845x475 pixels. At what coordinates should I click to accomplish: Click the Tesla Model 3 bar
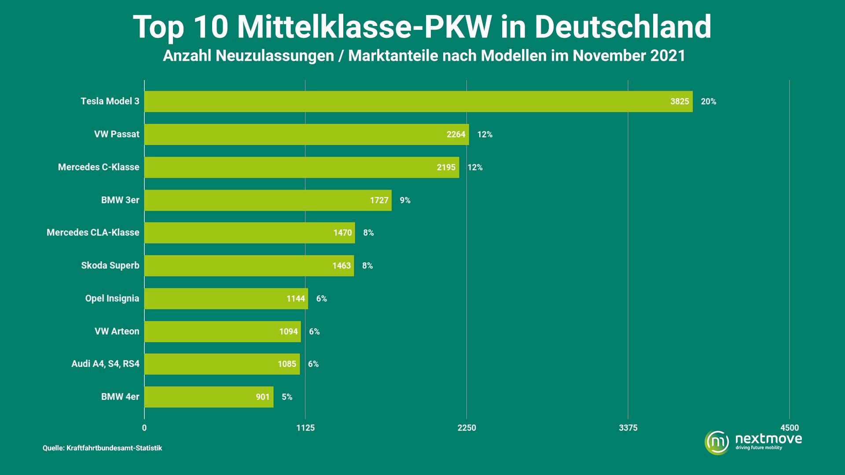click(x=418, y=102)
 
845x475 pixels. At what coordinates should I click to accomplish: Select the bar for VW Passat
click(x=306, y=135)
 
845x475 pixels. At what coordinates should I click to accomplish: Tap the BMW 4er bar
click(x=209, y=397)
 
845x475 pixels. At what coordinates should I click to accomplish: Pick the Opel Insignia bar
click(x=226, y=299)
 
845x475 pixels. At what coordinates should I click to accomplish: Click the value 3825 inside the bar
click(x=679, y=102)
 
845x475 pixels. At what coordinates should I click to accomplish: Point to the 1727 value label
click(x=379, y=201)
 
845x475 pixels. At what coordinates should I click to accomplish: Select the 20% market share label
click(x=708, y=102)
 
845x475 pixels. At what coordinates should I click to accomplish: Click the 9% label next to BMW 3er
click(x=405, y=201)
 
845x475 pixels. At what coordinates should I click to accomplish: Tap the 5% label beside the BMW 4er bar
click(x=287, y=397)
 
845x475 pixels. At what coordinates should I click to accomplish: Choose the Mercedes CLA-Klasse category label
click(x=93, y=233)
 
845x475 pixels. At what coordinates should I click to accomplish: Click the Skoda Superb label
click(x=110, y=266)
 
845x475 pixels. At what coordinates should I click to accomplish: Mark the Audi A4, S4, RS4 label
click(x=105, y=364)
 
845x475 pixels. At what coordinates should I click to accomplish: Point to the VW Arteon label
click(x=117, y=332)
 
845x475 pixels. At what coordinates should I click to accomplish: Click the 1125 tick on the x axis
click(x=305, y=428)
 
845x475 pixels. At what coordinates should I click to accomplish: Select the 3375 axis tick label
click(x=628, y=428)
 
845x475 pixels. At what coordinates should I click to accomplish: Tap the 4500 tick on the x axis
click(x=789, y=428)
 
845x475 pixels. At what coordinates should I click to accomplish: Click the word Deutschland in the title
click(x=622, y=27)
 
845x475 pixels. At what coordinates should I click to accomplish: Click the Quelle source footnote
click(x=102, y=448)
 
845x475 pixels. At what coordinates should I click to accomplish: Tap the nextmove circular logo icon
click(x=717, y=442)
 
